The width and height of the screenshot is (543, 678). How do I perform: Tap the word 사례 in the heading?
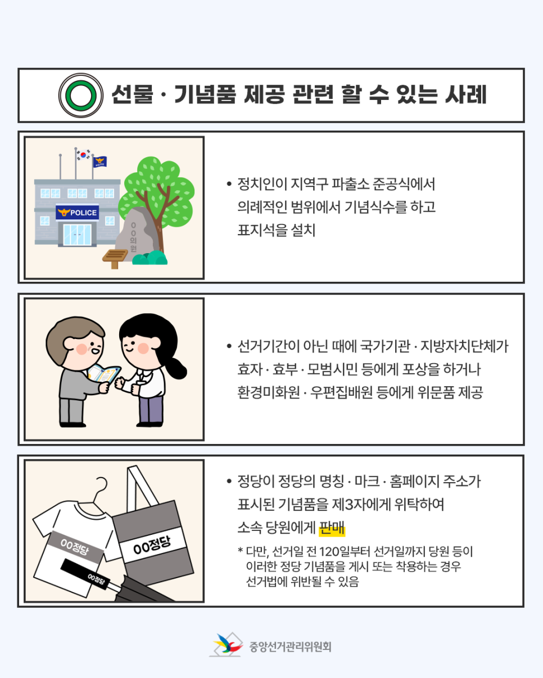466,94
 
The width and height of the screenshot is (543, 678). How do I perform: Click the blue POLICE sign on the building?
78,212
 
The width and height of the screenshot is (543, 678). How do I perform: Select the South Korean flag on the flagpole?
83,155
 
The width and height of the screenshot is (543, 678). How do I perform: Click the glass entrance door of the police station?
78,235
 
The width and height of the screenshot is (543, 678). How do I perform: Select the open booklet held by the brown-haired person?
103,374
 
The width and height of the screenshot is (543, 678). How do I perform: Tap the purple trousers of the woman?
151,410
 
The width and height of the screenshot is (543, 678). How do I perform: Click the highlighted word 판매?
332,528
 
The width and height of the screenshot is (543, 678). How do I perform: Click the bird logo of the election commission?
226,644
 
